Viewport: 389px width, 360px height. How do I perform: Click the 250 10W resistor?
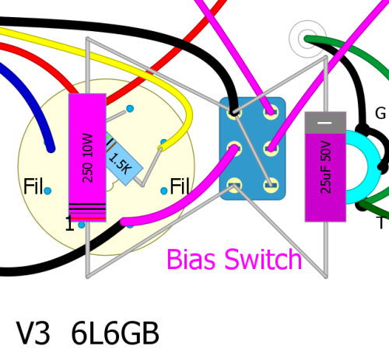pyautogui.click(x=87, y=158)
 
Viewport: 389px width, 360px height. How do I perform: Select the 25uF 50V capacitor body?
pyautogui.click(x=325, y=167)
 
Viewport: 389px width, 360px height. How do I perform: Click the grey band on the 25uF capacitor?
pyautogui.click(x=325, y=123)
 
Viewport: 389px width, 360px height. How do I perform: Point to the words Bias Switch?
pyautogui.click(x=234, y=260)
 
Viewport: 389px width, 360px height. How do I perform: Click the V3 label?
pyautogui.click(x=33, y=333)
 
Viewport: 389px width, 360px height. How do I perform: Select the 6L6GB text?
pyautogui.click(x=115, y=333)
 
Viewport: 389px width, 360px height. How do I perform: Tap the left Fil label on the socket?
pyautogui.click(x=33, y=186)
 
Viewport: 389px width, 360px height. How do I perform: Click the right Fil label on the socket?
pyautogui.click(x=180, y=186)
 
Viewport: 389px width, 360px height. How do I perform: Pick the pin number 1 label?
pyautogui.click(x=69, y=223)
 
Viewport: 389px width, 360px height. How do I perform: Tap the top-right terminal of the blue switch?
pyautogui.click(x=271, y=112)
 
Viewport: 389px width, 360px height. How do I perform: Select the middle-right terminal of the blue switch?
pyautogui.click(x=271, y=149)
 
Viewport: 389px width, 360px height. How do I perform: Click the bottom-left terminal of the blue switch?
pyautogui.click(x=234, y=185)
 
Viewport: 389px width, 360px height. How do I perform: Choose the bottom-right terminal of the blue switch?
pyautogui.click(x=271, y=185)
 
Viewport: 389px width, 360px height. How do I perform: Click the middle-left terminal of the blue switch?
pyautogui.click(x=234, y=149)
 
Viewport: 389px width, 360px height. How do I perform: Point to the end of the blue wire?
pyautogui.click(x=51, y=149)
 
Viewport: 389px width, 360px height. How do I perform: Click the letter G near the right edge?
pyautogui.click(x=380, y=114)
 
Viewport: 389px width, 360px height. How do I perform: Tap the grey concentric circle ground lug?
pyautogui.click(x=307, y=39)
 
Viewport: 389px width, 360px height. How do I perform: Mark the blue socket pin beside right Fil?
pyautogui.click(x=164, y=191)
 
